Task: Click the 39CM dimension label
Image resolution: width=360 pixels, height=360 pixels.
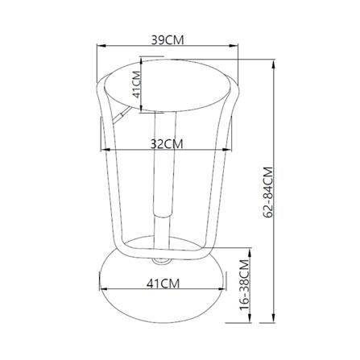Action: [168, 40]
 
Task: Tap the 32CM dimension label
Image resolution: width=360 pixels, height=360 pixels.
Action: [167, 144]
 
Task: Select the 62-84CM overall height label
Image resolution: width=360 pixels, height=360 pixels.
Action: [268, 192]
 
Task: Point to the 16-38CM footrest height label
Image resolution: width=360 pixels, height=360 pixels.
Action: [245, 285]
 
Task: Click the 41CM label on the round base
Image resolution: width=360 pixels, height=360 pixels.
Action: [163, 283]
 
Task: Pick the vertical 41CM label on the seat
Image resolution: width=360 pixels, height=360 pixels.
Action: [137, 85]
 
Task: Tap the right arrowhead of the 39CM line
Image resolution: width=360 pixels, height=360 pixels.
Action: [234, 46]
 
